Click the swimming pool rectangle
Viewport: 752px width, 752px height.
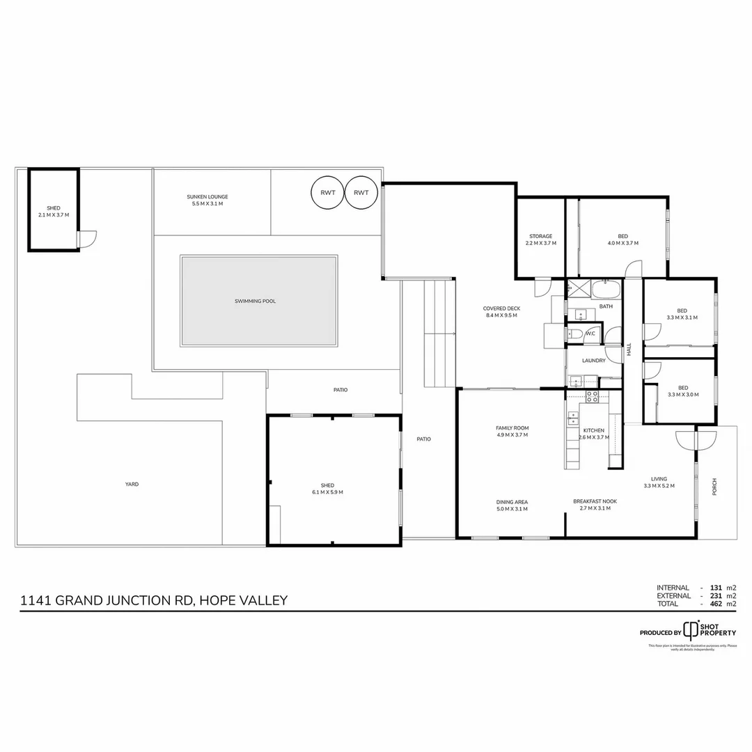pyautogui.click(x=259, y=301)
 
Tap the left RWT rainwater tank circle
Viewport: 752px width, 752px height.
pyautogui.click(x=327, y=193)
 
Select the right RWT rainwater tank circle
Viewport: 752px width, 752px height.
pyautogui.click(x=361, y=193)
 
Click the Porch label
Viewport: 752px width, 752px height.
pyautogui.click(x=714, y=487)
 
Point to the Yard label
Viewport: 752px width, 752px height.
pyautogui.click(x=132, y=484)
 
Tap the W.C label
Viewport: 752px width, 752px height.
pyautogui.click(x=590, y=334)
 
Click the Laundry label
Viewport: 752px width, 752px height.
pyautogui.click(x=593, y=360)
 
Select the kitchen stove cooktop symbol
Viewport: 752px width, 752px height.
pyautogui.click(x=592, y=396)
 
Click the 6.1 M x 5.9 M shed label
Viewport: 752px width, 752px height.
pyautogui.click(x=327, y=489)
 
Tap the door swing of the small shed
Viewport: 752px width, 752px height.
pyautogui.click(x=87, y=240)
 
